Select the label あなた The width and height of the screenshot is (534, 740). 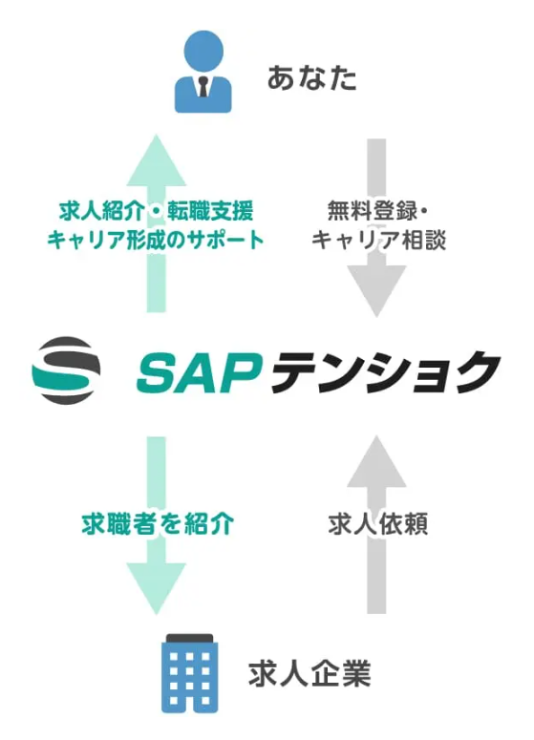point(311,77)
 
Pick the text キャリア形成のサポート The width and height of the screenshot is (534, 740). point(155,240)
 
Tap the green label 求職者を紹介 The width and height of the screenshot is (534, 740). point(156,524)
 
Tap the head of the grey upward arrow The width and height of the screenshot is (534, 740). point(377,456)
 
